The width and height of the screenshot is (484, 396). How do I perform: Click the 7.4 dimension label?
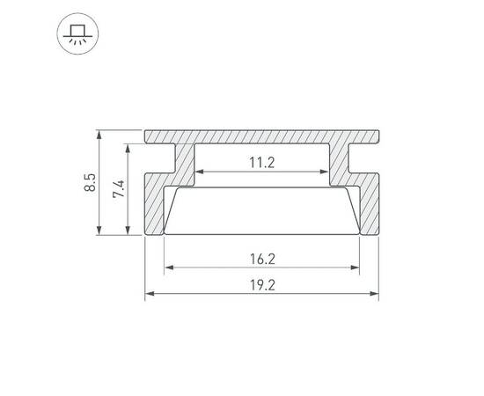point(120,190)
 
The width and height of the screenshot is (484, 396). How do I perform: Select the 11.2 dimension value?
point(262,162)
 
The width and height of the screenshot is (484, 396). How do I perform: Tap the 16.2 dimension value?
point(262,259)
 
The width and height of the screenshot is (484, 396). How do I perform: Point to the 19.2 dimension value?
point(262,285)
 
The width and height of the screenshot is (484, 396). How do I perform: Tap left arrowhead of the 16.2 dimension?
point(167,268)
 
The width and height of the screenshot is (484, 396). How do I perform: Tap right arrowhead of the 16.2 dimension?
point(357,268)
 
